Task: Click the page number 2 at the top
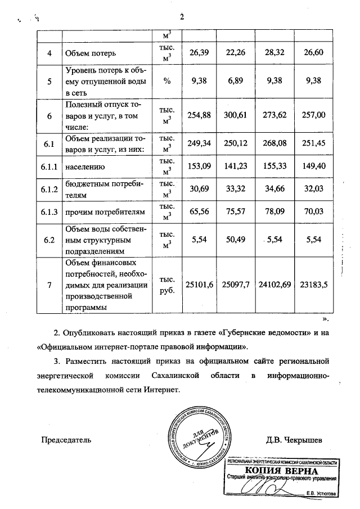(x=182, y=16)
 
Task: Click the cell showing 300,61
(x=235, y=114)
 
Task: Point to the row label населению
(x=85, y=167)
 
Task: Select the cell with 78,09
(x=273, y=213)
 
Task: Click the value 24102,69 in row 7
(x=273, y=285)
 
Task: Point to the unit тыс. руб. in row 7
(x=167, y=285)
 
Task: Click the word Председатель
(x=67, y=439)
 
